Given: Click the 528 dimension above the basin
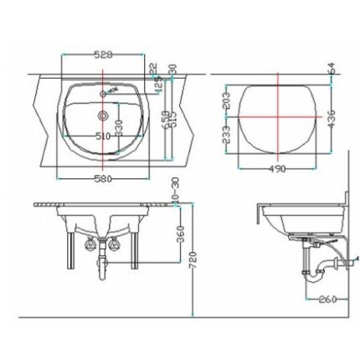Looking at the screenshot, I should coord(103,53).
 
